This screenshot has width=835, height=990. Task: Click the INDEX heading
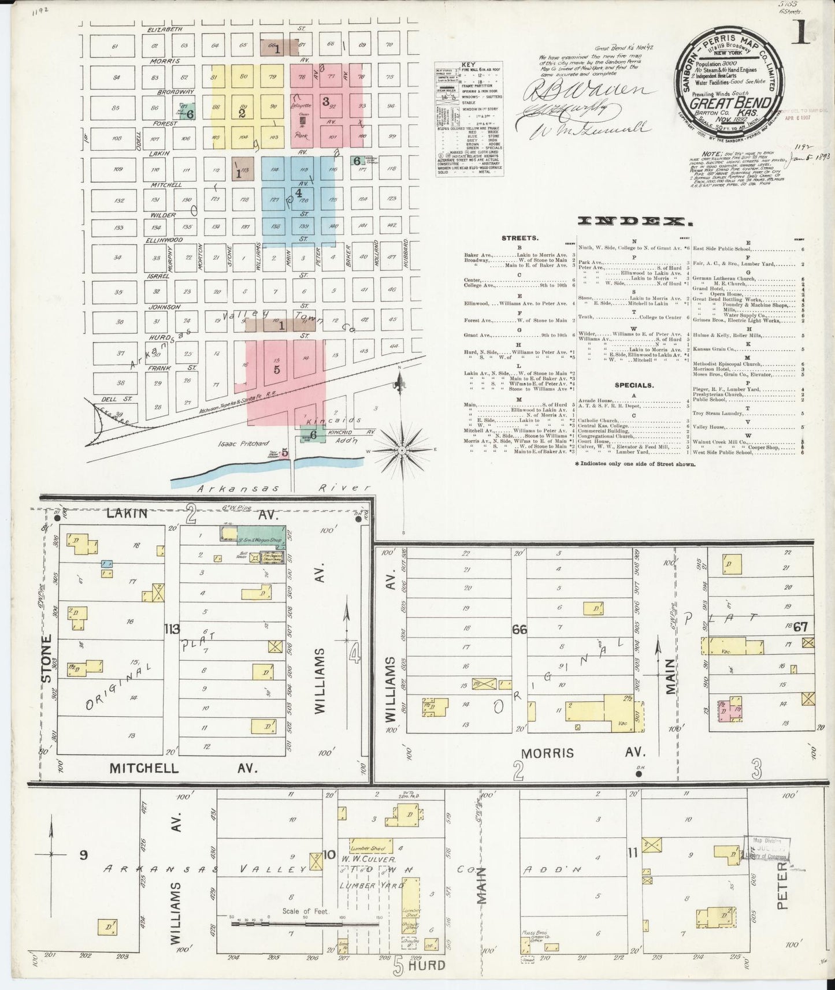634,221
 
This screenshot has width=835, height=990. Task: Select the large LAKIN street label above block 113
127,513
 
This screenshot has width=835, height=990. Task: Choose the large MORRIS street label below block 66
548,753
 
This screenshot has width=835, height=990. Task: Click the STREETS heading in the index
520,238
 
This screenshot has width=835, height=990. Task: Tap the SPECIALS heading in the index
634,385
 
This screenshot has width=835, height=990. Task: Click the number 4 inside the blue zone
298,193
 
